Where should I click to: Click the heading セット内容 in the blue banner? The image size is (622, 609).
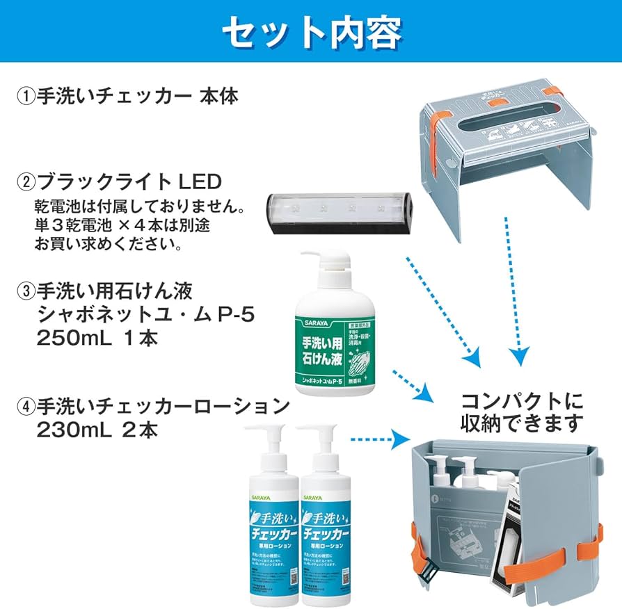click(311, 31)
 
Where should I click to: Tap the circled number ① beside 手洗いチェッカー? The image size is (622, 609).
click(25, 96)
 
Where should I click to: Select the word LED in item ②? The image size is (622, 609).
click(200, 182)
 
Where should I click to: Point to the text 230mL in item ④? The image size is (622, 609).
click(74, 429)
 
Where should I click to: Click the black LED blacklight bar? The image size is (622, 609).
click(340, 211)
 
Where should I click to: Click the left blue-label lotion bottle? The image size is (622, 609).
click(272, 528)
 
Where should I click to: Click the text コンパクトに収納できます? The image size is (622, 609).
click(522, 412)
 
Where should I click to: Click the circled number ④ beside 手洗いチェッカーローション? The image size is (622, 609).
click(25, 405)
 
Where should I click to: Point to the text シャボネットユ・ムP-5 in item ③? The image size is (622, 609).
click(145, 315)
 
